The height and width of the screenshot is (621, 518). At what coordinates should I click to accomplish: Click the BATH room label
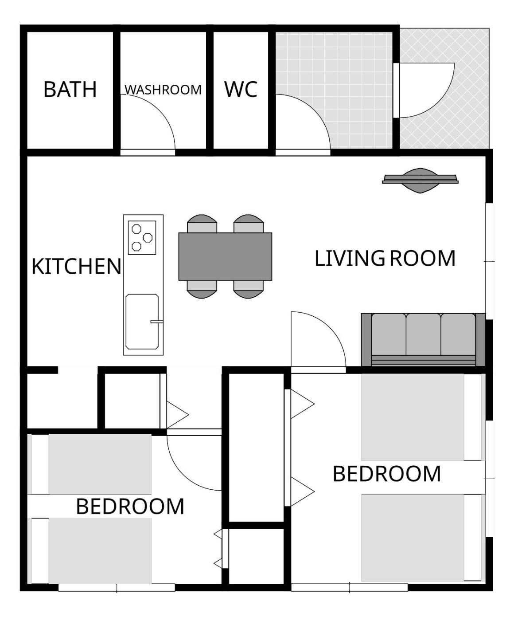click(x=70, y=89)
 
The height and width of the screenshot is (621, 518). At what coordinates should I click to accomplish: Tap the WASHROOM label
click(x=163, y=90)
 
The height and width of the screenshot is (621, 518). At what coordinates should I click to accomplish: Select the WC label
click(x=241, y=89)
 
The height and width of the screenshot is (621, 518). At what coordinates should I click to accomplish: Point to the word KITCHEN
click(x=76, y=266)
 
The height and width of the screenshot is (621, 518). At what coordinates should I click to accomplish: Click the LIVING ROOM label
click(x=385, y=258)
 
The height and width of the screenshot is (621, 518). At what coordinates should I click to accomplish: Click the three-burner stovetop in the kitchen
click(x=142, y=238)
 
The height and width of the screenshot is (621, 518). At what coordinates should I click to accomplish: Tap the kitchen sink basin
click(x=142, y=322)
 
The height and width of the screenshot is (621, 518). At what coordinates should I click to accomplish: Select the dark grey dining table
click(x=225, y=256)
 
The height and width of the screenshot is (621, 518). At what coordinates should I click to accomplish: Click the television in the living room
click(x=420, y=181)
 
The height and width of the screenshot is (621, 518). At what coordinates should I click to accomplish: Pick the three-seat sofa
click(x=423, y=340)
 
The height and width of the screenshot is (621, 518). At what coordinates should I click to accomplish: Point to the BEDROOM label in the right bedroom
click(x=386, y=474)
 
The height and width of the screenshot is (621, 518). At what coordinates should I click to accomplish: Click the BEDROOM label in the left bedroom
click(x=130, y=507)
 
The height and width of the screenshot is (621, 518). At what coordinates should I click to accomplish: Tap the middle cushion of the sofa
click(x=423, y=334)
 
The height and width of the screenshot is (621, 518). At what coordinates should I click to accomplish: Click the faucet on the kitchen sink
click(x=157, y=322)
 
